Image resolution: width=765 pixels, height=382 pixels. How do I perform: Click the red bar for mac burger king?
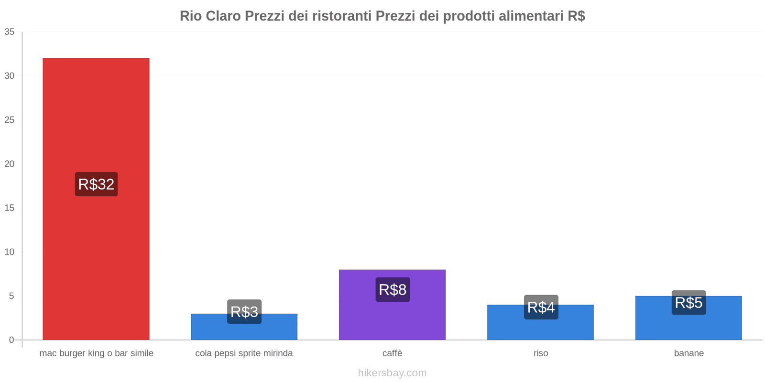(96, 119)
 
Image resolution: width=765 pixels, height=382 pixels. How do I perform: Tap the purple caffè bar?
(392, 320)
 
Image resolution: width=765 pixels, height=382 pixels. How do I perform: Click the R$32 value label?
(96, 184)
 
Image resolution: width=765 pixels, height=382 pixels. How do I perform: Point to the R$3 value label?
(244, 312)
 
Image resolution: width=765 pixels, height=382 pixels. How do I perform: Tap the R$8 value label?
(393, 289)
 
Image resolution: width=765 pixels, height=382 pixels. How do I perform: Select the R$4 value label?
(541, 307)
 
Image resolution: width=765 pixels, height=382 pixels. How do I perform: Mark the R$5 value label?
(688, 303)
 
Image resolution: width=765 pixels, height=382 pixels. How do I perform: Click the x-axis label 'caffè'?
(392, 353)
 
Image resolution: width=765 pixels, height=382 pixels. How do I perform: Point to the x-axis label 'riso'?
(541, 353)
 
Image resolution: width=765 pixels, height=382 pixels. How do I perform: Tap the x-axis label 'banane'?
(688, 353)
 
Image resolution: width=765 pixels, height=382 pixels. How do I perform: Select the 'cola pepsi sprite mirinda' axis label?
(244, 353)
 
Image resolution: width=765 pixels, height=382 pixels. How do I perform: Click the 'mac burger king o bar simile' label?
(96, 353)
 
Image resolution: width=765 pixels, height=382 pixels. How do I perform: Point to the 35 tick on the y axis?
(10, 32)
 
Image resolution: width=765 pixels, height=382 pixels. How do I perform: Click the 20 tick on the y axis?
(10, 164)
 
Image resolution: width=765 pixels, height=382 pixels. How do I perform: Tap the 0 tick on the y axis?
(11, 340)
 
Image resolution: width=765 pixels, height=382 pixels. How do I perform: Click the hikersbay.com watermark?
(392, 373)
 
